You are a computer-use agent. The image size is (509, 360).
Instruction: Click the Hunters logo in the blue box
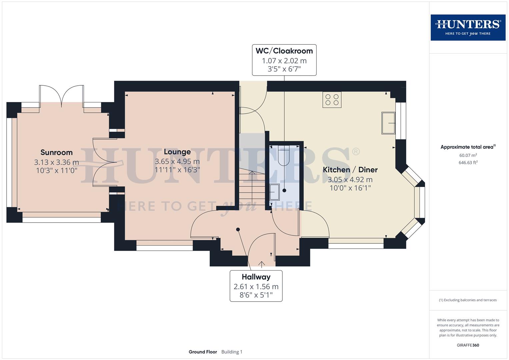click(468, 27)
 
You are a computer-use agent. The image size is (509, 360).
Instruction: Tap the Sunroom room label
click(56, 152)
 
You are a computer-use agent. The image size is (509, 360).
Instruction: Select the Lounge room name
click(177, 152)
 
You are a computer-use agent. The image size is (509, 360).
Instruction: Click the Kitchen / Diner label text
click(350, 169)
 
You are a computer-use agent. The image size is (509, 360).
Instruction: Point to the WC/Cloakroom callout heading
click(284, 51)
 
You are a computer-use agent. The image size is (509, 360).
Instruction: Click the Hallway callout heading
click(256, 277)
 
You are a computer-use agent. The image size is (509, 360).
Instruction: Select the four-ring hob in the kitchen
click(332, 99)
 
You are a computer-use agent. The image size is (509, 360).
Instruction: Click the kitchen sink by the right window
click(388, 123)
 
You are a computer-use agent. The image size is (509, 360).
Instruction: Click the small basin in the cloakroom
click(274, 192)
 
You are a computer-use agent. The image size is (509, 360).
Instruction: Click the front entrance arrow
click(262, 264)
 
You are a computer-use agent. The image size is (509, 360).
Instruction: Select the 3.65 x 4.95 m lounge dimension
click(177, 162)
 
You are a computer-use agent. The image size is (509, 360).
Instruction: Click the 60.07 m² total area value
click(468, 155)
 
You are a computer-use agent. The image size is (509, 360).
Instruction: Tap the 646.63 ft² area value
click(468, 163)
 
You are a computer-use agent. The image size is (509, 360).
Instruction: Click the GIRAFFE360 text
click(468, 345)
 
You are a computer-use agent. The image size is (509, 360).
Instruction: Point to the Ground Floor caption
click(203, 352)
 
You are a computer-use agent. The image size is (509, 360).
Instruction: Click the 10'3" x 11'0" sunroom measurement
click(56, 171)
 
